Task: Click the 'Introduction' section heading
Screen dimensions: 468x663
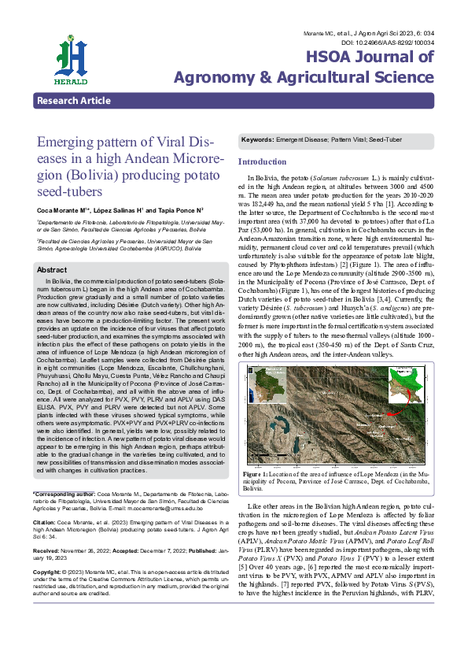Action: coord(262,161)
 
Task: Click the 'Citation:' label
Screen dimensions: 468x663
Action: coord(44,521)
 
